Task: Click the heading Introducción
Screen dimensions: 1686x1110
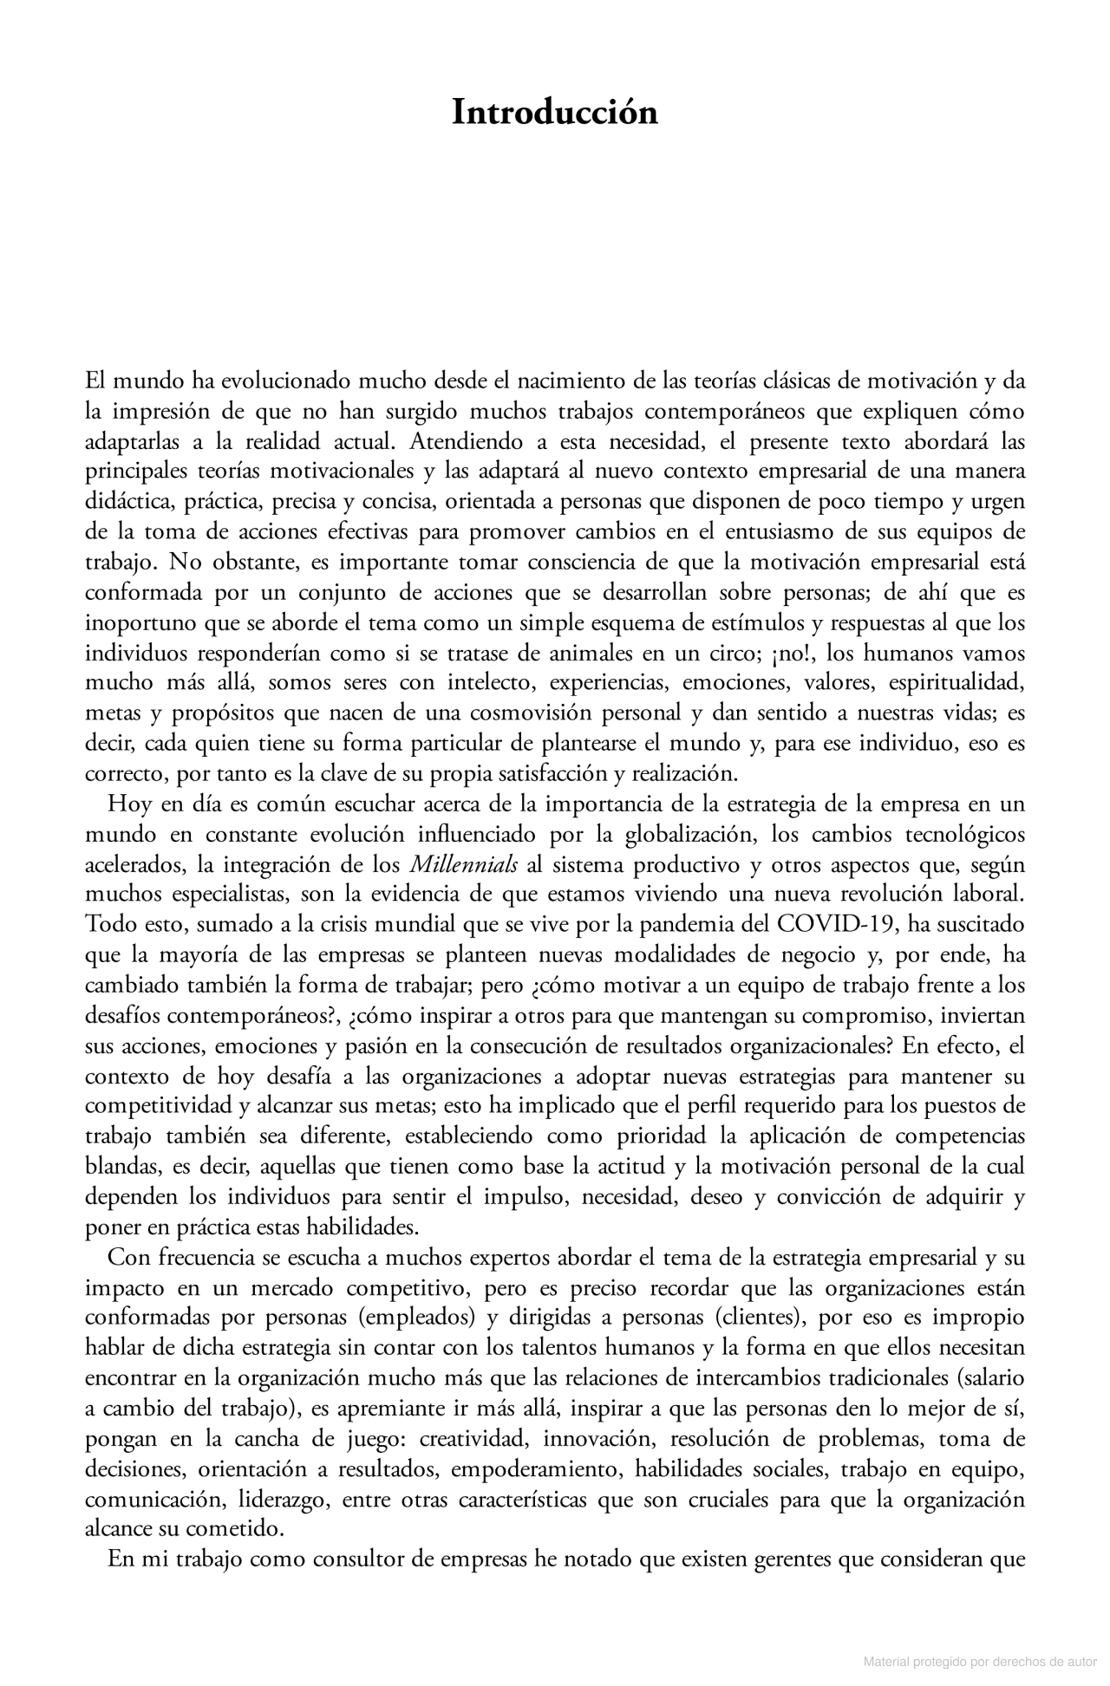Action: [x=554, y=114]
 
